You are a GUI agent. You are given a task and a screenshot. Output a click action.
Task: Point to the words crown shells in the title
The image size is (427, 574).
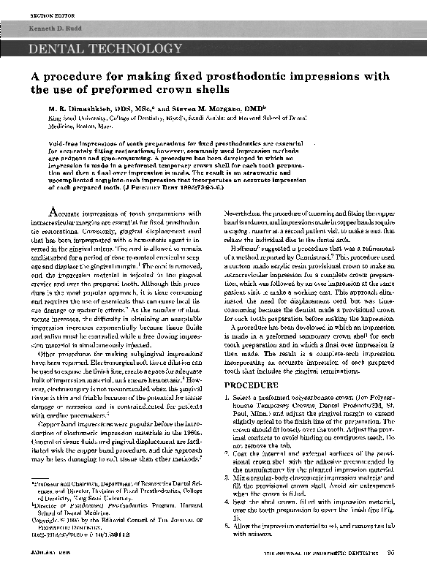(186, 89)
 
